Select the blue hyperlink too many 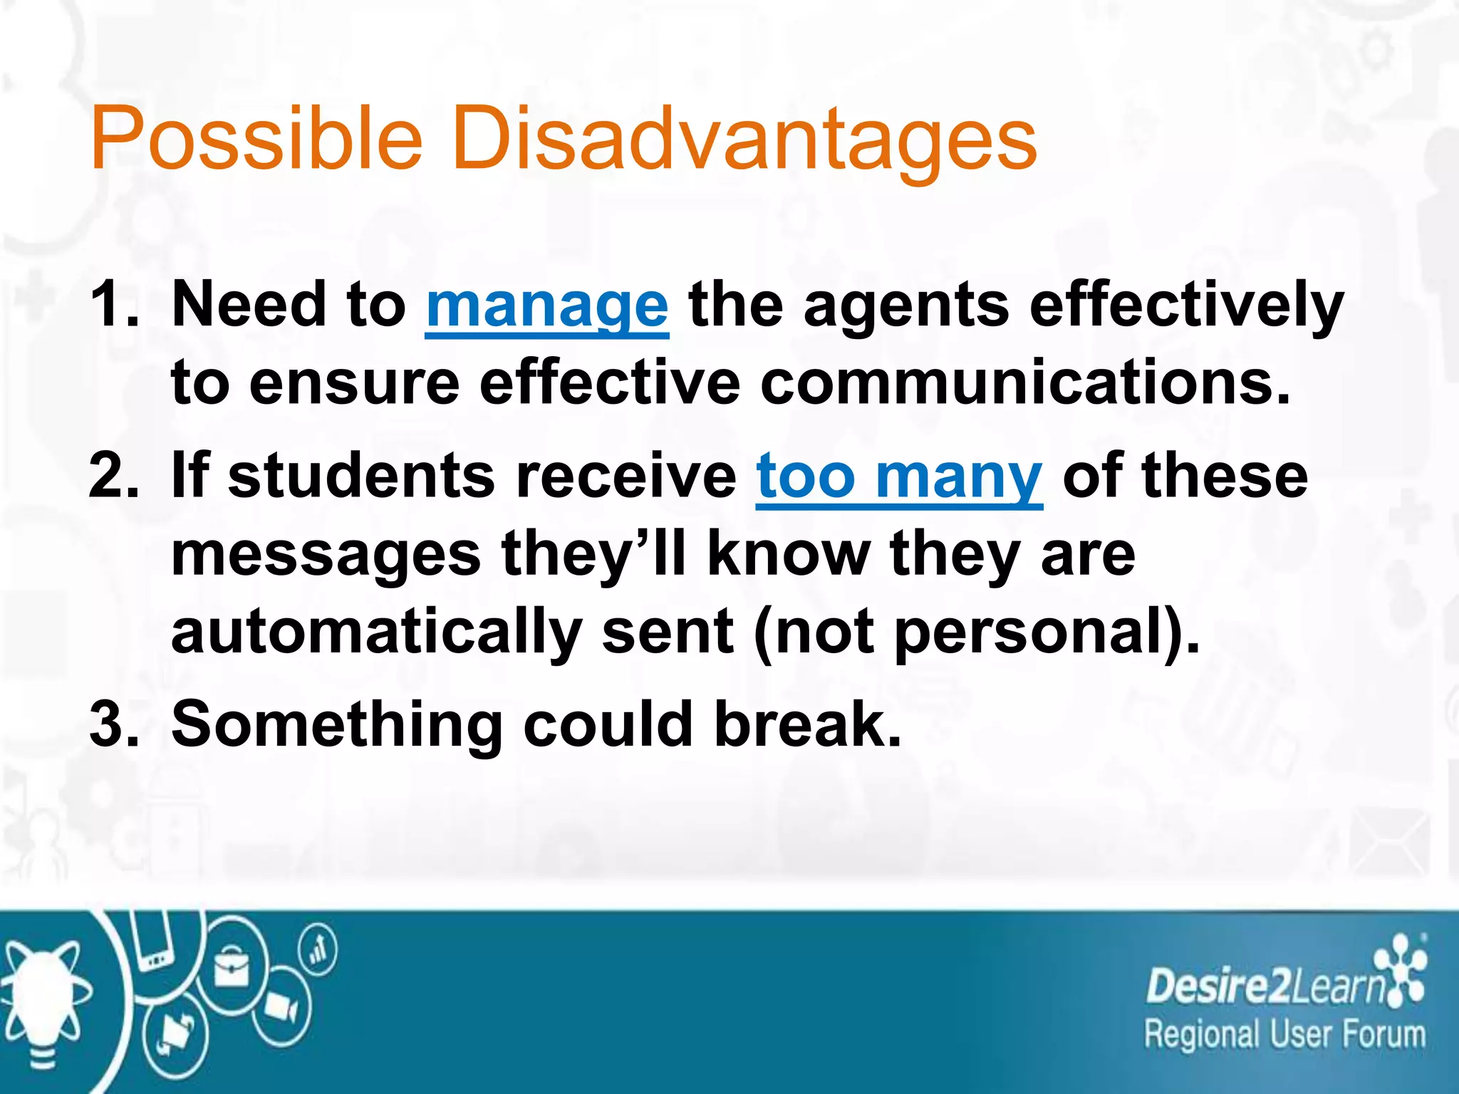click(899, 476)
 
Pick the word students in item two click(360, 476)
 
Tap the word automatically click(376, 632)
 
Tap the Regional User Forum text click(1284, 1035)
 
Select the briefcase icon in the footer click(232, 969)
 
